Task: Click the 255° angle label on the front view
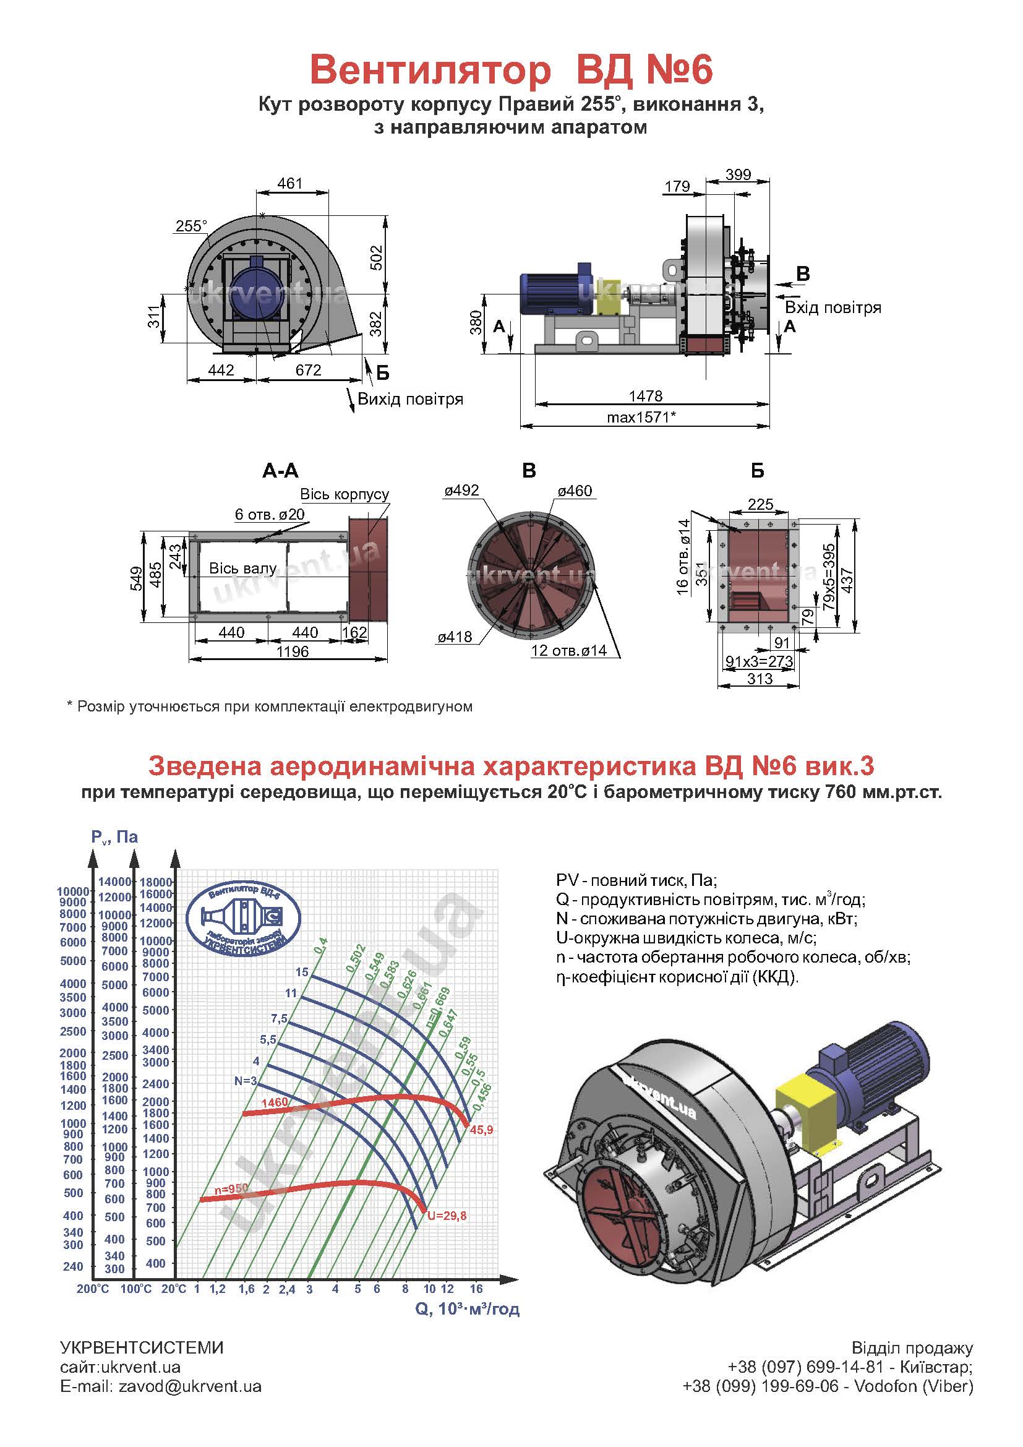click(x=191, y=226)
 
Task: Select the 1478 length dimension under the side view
click(x=646, y=396)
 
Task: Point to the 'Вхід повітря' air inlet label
click(x=833, y=307)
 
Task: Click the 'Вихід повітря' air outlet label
click(x=410, y=399)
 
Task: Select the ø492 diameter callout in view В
click(x=462, y=491)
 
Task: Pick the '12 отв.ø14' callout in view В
click(x=569, y=650)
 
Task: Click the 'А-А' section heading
click(x=280, y=470)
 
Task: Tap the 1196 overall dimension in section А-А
click(x=293, y=651)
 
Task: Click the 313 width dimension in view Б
click(x=760, y=679)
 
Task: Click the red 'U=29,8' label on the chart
click(x=447, y=1216)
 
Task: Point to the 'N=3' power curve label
click(x=246, y=1081)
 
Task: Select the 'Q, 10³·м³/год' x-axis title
click(x=468, y=1309)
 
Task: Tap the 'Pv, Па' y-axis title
click(x=114, y=837)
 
